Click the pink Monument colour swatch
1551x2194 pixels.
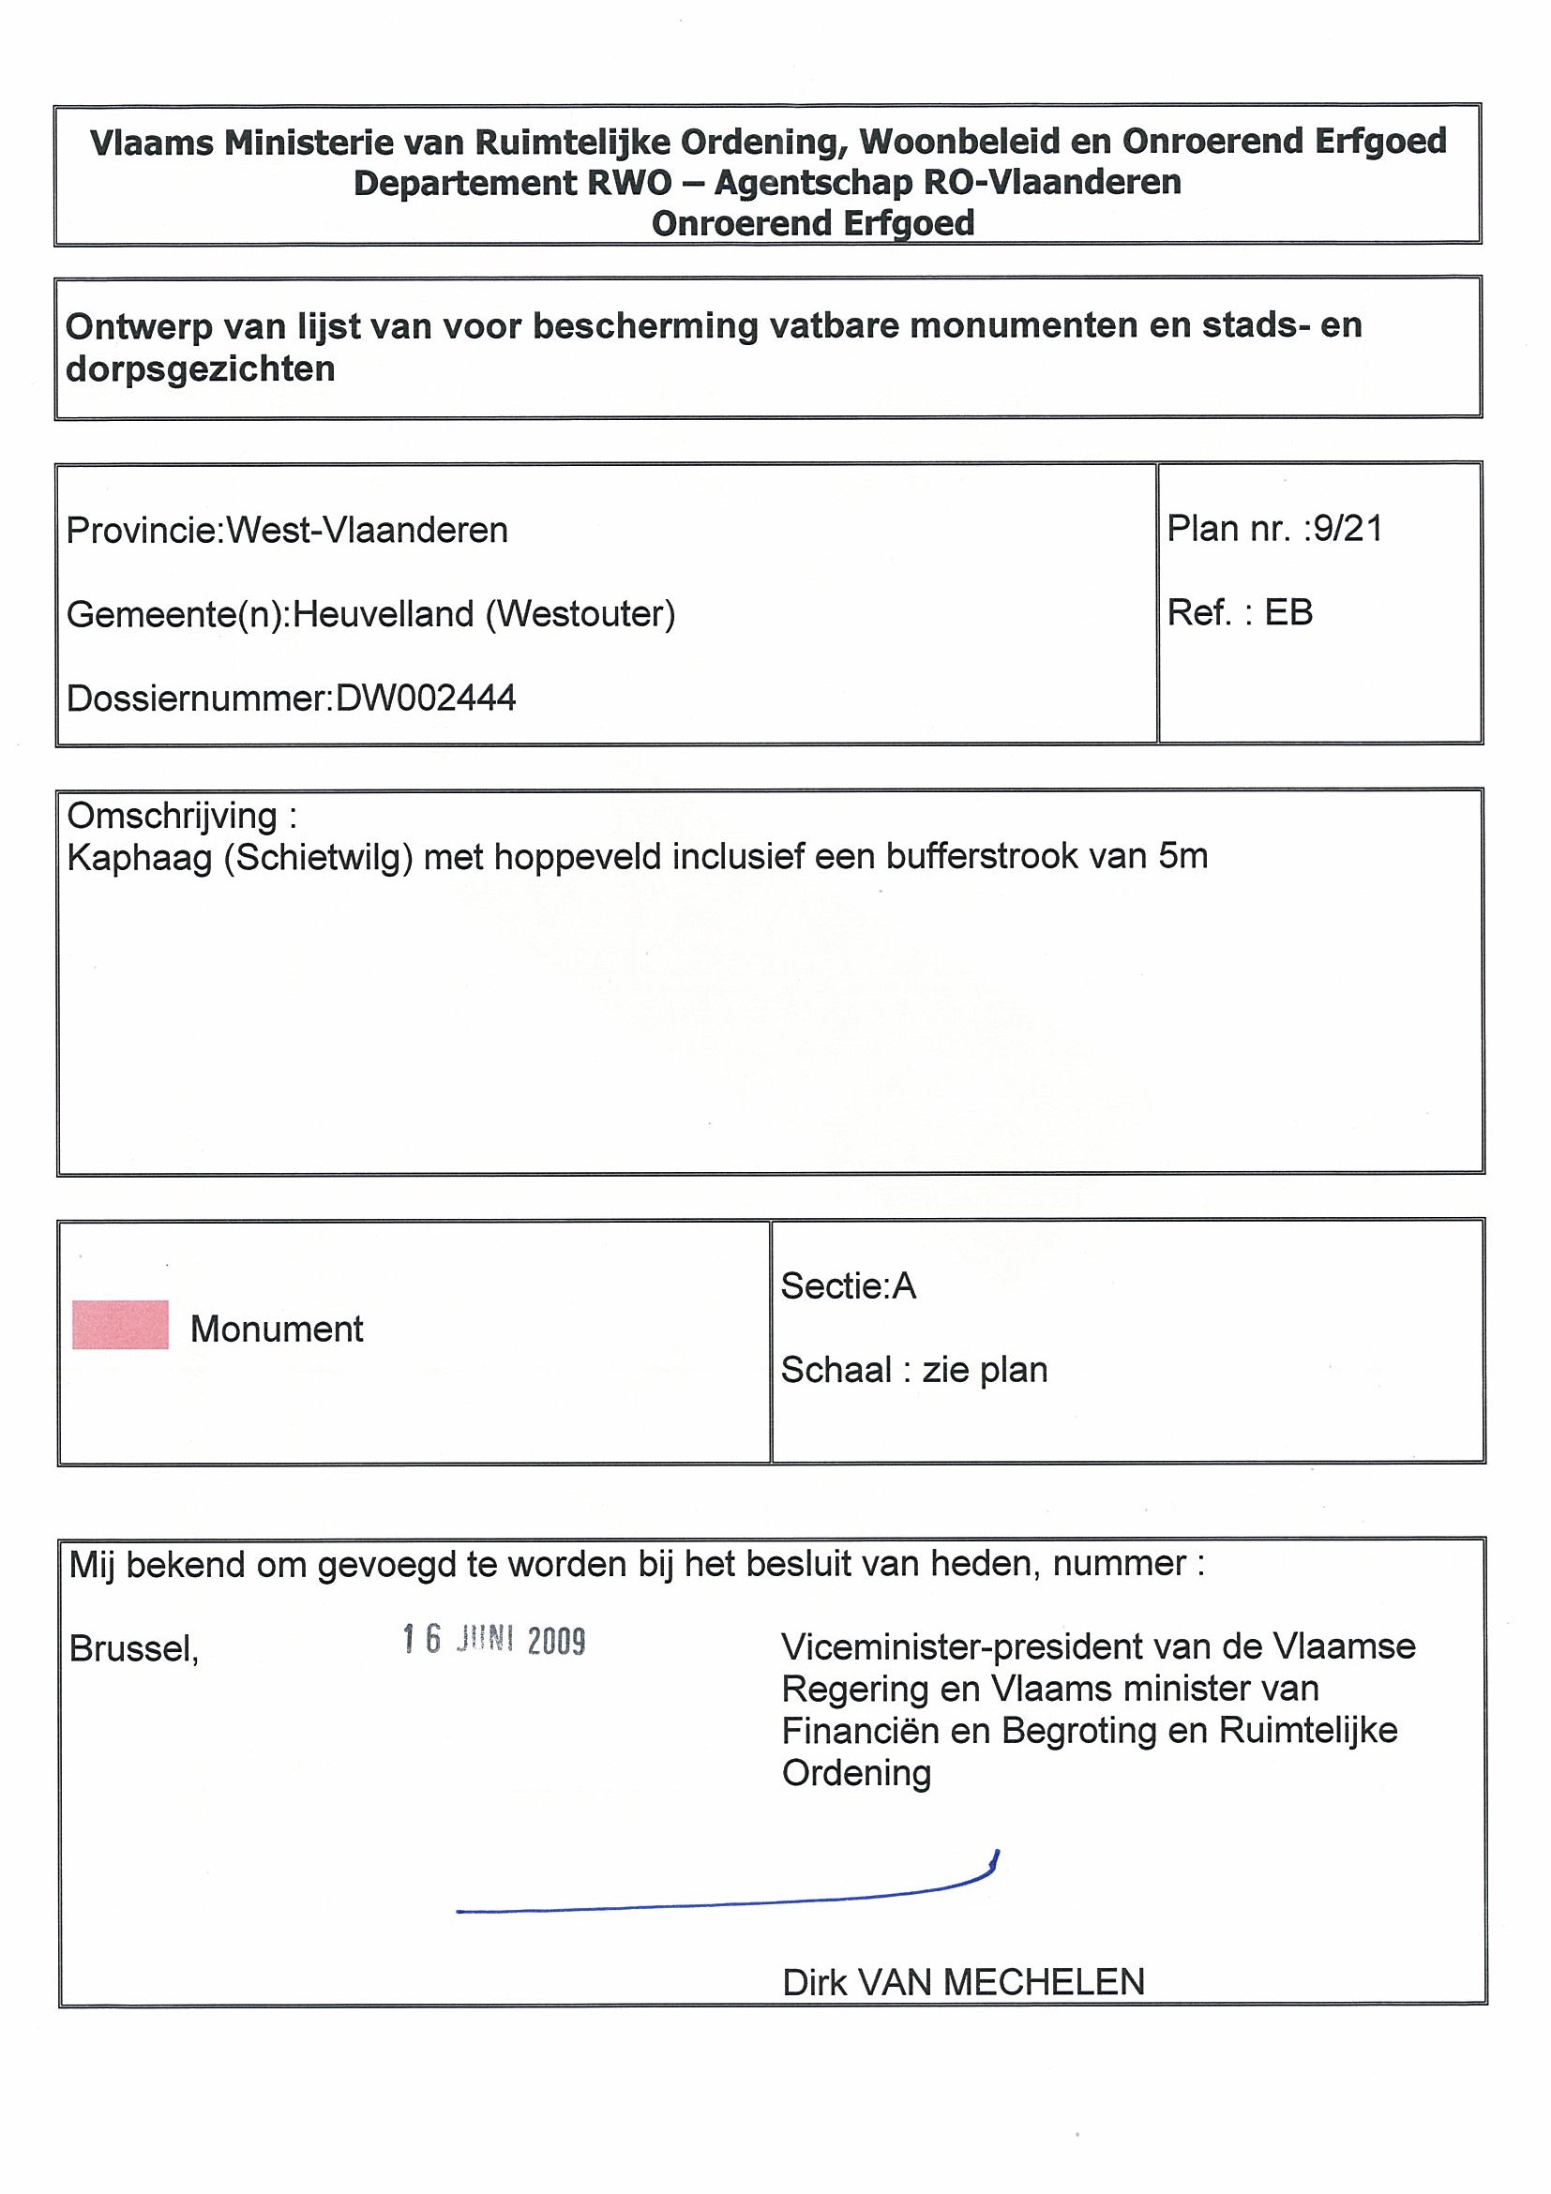point(120,1325)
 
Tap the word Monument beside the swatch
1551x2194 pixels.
point(277,1330)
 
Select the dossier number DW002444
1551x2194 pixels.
point(427,699)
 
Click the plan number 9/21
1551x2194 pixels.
point(1348,529)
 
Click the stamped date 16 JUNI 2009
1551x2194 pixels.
point(494,1640)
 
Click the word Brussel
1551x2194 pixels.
point(134,1648)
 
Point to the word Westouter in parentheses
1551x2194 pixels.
point(580,613)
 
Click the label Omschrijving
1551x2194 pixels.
point(172,815)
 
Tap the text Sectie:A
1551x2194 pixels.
point(848,1286)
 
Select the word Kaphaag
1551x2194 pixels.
point(140,857)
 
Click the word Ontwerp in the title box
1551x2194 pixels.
point(138,327)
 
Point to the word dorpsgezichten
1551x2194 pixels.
point(201,368)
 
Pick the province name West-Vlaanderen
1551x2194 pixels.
point(367,531)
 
